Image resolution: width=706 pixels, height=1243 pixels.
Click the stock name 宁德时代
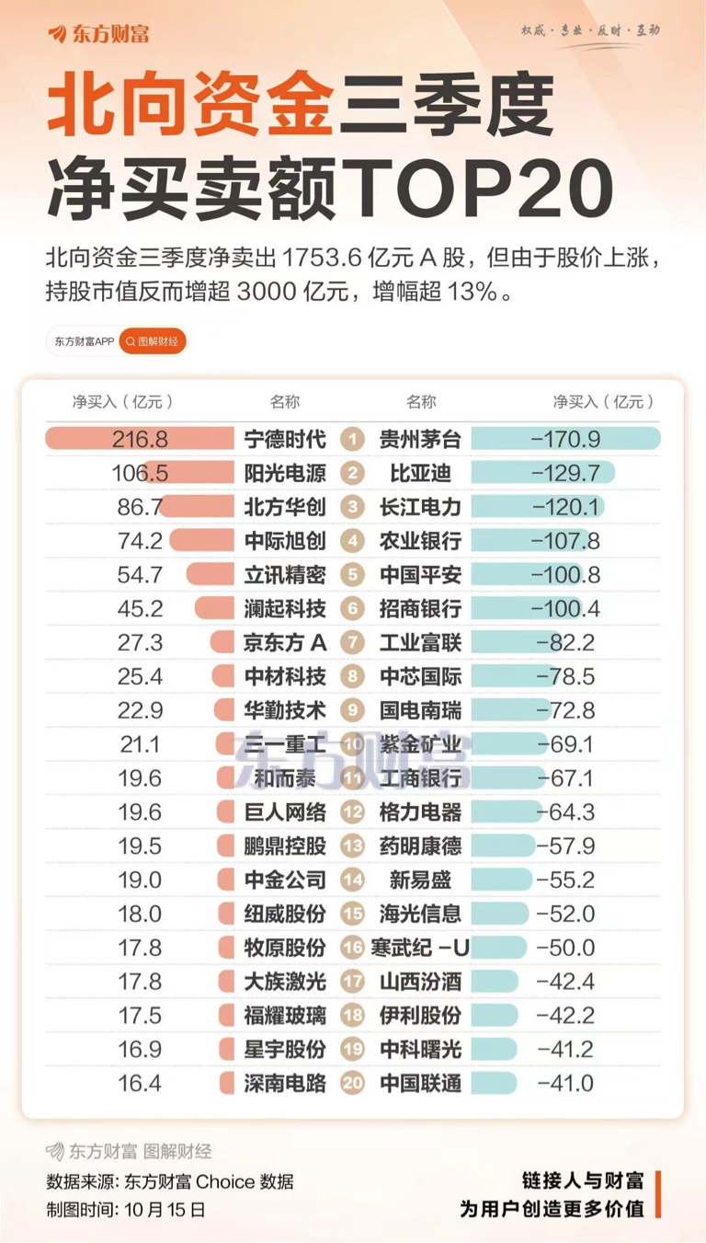[x=285, y=439]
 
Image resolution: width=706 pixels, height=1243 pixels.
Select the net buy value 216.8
[x=140, y=439]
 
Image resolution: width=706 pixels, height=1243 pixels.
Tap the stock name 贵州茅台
[x=420, y=439]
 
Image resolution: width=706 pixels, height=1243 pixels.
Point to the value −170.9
[x=565, y=439]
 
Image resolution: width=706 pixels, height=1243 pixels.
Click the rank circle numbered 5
[x=352, y=575]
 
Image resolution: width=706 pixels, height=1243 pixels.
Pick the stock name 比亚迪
[x=420, y=474]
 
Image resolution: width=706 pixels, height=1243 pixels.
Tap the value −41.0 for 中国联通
[x=564, y=1083]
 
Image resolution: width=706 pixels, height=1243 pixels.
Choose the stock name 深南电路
[x=285, y=1083]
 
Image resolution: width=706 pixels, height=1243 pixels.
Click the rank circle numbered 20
[x=352, y=1083]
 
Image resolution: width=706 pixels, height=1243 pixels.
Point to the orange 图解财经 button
[x=154, y=341]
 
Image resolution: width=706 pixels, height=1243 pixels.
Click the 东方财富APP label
[x=83, y=341]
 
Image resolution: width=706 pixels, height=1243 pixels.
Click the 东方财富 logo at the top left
[x=98, y=34]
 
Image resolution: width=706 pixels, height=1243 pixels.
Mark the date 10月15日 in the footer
[x=165, y=1208]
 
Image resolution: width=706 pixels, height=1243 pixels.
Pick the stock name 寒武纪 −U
[x=420, y=947]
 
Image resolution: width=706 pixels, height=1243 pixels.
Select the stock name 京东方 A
[x=285, y=642]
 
